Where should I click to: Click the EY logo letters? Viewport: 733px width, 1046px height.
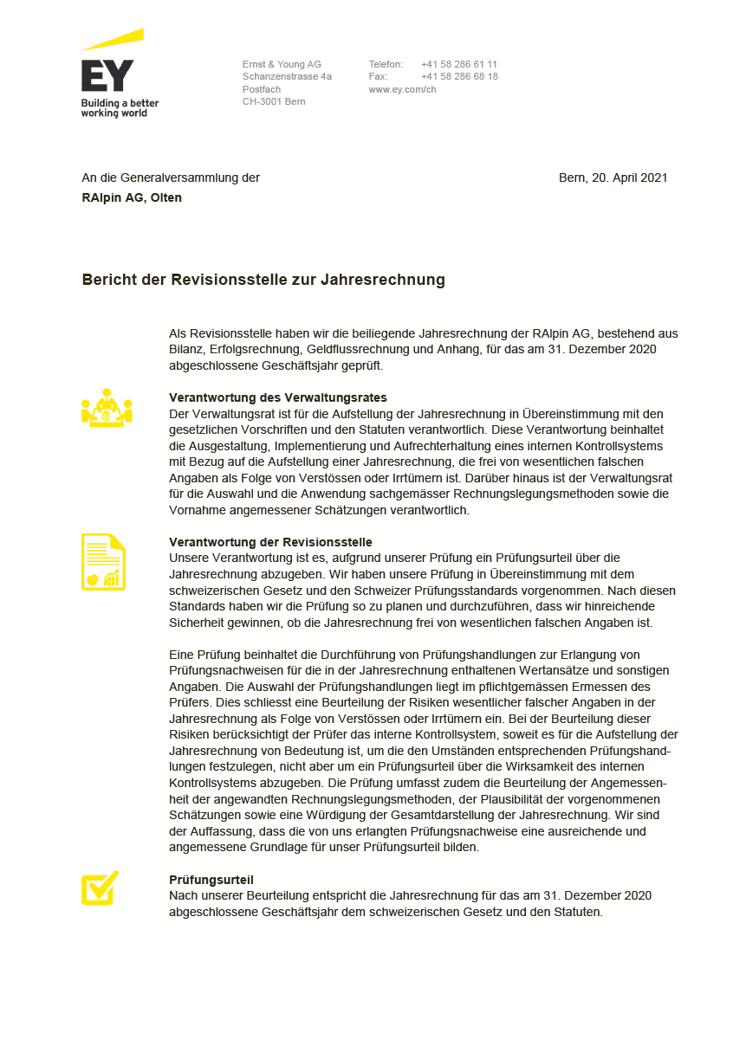107,76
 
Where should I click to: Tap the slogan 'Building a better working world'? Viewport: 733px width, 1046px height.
120,108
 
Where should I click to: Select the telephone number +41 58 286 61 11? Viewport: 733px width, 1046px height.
459,64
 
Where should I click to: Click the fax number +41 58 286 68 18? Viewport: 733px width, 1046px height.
459,76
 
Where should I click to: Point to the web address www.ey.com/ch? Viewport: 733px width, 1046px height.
402,89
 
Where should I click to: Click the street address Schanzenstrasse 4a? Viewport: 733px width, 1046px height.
287,76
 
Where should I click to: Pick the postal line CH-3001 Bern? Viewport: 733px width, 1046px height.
274,101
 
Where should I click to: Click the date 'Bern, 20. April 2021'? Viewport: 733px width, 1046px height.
613,178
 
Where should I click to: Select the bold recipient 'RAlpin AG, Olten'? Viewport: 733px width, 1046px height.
132,197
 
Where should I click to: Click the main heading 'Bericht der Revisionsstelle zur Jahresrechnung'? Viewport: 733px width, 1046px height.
263,280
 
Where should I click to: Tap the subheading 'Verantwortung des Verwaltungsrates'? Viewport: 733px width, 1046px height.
277,397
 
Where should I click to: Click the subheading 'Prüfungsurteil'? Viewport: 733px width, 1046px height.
211,880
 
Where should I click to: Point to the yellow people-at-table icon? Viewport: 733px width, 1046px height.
107,408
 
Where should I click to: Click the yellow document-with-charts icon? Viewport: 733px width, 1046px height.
103,562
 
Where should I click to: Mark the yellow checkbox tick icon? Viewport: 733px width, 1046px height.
100,888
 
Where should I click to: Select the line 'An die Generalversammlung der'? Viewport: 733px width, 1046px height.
171,178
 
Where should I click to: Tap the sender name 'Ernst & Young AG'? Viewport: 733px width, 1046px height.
282,64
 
